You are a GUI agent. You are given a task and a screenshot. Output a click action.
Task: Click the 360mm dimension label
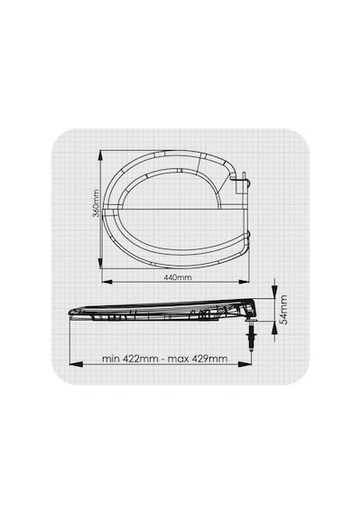(x=96, y=203)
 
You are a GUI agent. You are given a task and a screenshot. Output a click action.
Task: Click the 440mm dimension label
(x=178, y=277)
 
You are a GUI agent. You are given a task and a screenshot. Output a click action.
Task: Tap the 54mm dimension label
(x=283, y=310)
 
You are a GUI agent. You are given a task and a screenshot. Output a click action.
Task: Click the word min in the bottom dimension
(x=111, y=359)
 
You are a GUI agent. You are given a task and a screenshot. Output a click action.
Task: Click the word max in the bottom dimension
(x=178, y=359)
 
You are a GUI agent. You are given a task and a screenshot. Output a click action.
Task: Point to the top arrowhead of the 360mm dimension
(x=100, y=156)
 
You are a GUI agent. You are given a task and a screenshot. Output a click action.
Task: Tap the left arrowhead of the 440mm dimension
(x=107, y=282)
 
